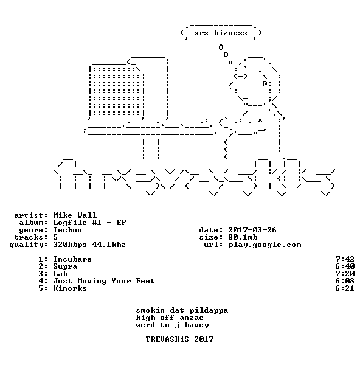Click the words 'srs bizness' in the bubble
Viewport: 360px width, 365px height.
point(221,33)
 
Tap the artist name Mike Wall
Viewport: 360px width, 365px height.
point(75,215)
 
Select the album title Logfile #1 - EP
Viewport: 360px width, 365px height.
point(89,223)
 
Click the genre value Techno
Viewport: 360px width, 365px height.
point(67,230)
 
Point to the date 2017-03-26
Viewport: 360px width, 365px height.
point(252,230)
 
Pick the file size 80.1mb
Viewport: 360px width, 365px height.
point(243,237)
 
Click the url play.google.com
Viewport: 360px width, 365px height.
point(265,245)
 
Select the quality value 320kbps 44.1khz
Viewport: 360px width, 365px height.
point(89,245)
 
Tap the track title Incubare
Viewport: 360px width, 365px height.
point(72,259)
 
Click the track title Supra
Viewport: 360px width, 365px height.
point(65,266)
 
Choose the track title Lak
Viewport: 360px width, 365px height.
point(60,274)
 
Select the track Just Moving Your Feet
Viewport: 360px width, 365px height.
point(104,281)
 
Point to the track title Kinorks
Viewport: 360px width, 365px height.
point(70,288)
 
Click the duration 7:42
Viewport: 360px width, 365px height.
point(345,259)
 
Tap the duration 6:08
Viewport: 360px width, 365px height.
point(345,281)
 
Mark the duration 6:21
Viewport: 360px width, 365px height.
point(345,288)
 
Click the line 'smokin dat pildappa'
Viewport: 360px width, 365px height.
point(182,310)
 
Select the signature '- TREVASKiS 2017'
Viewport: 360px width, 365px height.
point(175,339)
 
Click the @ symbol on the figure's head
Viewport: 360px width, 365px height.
point(265,83)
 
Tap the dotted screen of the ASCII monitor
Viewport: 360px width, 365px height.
point(117,91)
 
